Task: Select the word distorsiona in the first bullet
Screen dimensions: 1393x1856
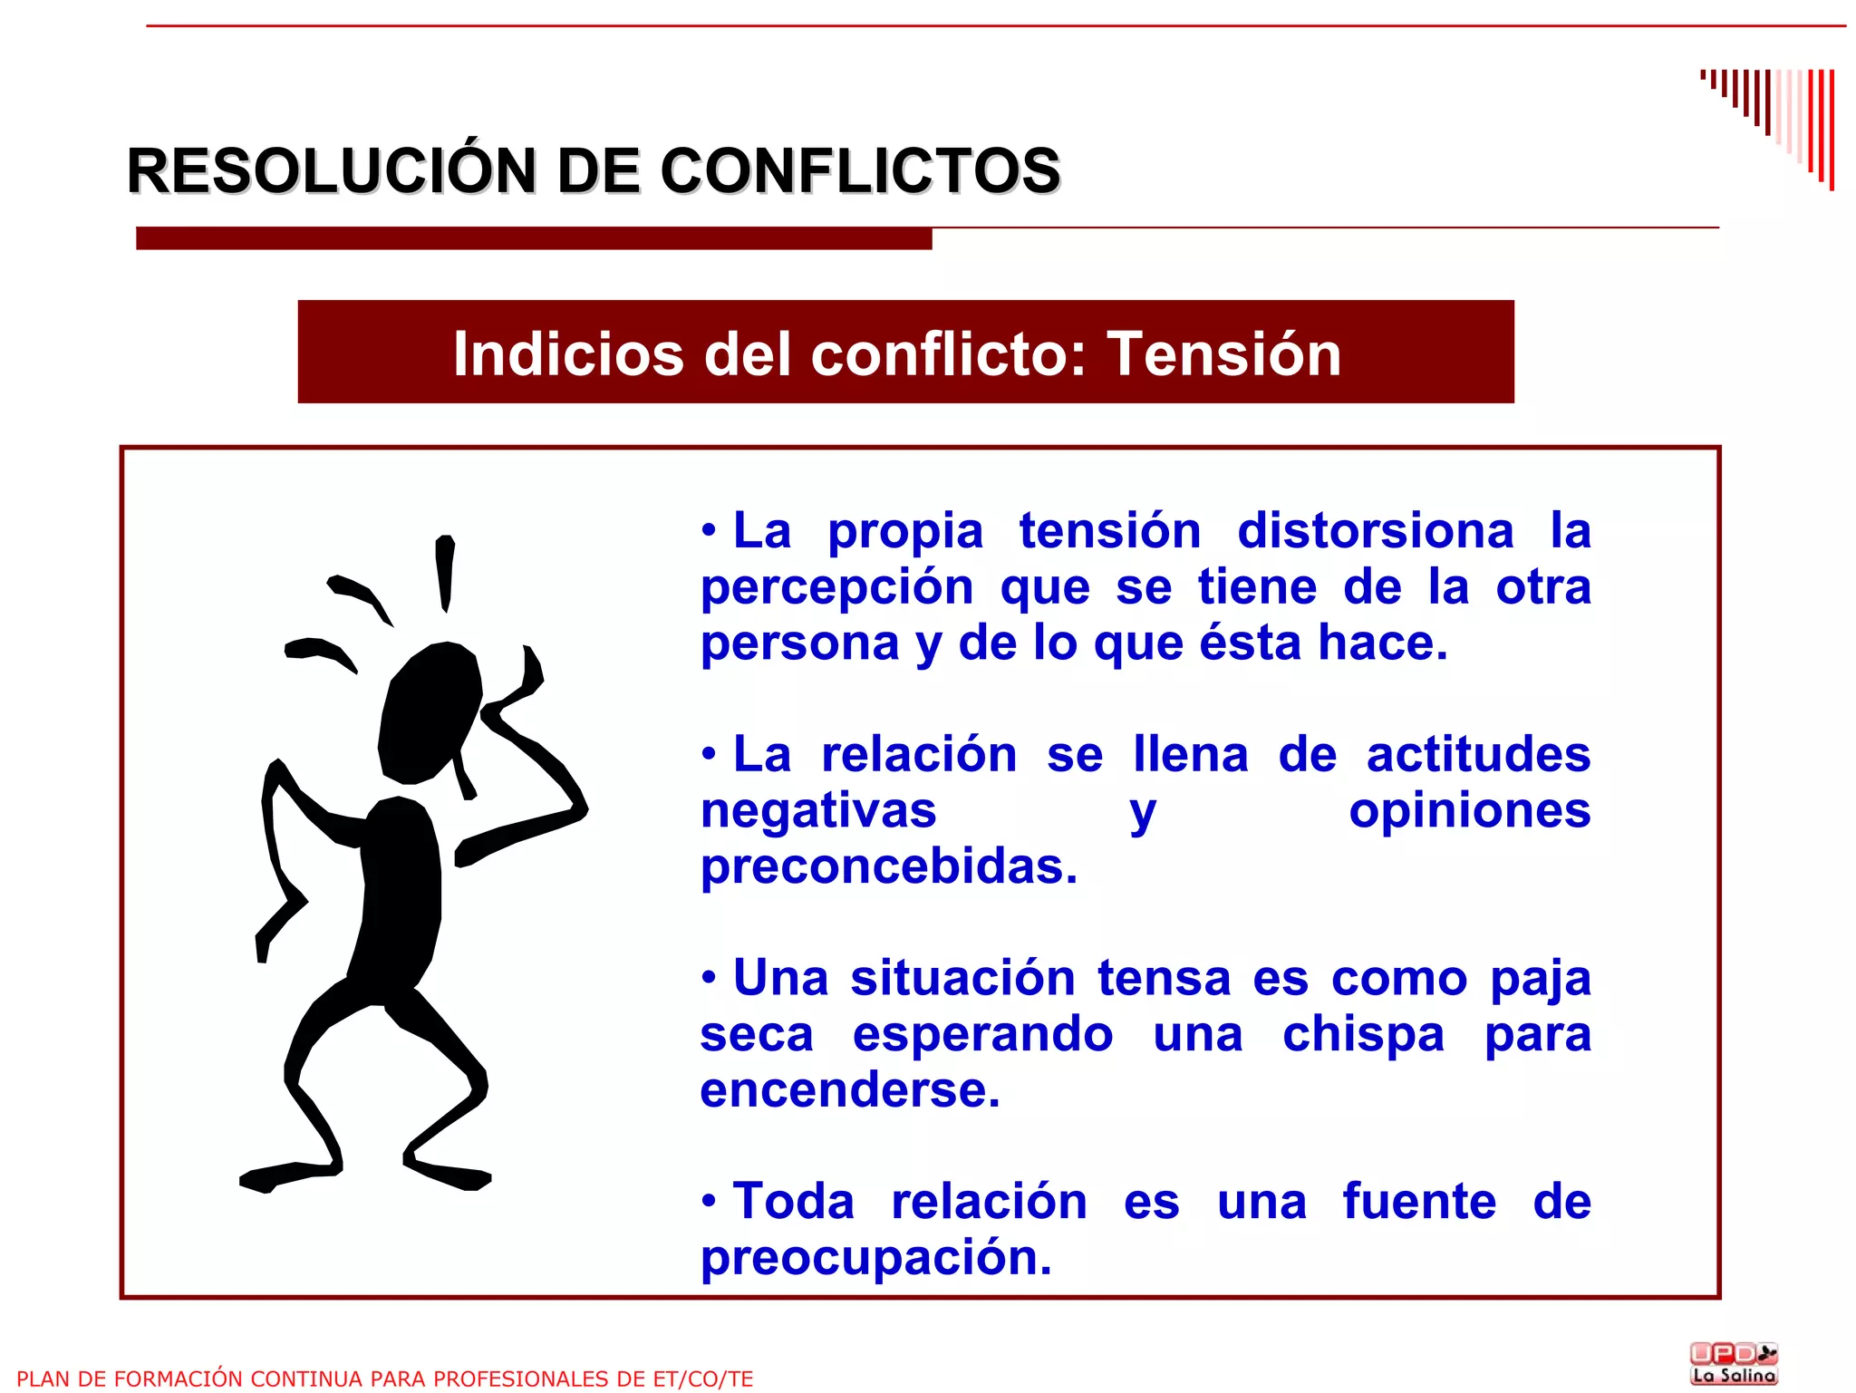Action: tap(1375, 531)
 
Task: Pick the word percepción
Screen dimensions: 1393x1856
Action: tap(836, 587)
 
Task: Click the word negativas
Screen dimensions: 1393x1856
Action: tap(818, 810)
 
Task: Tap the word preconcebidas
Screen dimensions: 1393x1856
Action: tap(889, 866)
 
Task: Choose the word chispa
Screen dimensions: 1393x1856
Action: tap(1363, 1034)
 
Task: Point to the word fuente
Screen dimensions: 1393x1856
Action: tap(1419, 1202)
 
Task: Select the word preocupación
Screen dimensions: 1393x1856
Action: tap(875, 1258)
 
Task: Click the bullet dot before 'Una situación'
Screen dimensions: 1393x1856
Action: tap(709, 978)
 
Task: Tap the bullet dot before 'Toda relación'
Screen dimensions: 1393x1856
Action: tap(709, 1202)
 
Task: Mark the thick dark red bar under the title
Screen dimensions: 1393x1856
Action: tap(534, 238)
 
